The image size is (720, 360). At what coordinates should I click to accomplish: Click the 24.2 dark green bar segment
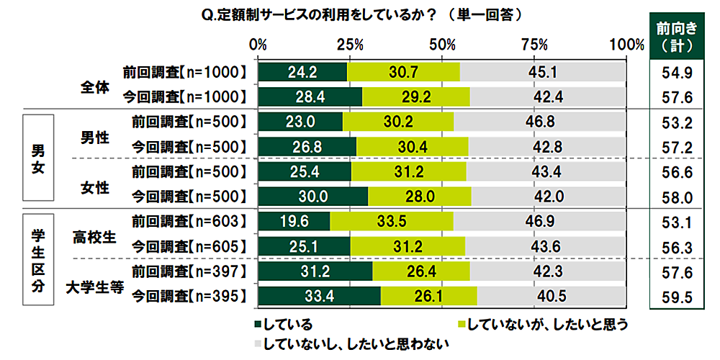point(302,72)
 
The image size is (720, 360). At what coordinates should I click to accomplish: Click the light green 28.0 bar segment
point(420,197)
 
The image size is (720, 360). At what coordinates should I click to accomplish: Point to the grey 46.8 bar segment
point(540,122)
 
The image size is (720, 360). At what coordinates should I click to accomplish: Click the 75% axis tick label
point(534,44)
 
